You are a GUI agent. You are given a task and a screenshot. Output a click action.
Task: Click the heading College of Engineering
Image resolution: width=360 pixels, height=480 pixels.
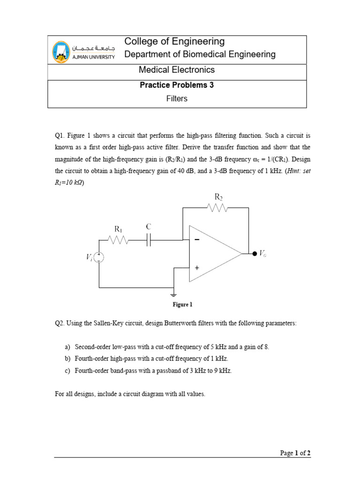[x=174, y=41]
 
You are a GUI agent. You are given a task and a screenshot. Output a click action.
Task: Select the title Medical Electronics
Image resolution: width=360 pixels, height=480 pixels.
[x=176, y=70]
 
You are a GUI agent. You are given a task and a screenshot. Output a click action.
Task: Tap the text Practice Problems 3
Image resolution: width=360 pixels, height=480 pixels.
[x=177, y=85]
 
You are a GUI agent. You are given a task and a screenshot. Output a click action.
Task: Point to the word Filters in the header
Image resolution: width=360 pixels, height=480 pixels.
[x=177, y=99]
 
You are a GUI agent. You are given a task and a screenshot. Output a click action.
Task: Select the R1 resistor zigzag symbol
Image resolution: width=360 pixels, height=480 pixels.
[x=119, y=240]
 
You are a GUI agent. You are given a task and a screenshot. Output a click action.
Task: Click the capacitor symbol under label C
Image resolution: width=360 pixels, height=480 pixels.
[x=149, y=240]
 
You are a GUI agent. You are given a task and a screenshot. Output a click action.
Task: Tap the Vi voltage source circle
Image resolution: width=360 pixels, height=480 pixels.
[x=99, y=257]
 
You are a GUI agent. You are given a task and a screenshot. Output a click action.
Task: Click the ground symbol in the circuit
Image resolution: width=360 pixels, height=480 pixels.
[x=174, y=295]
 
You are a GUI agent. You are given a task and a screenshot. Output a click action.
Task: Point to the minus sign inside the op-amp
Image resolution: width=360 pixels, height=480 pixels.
[x=196, y=240]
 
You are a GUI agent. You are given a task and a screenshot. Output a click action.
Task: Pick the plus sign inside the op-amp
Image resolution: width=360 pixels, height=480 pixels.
[x=197, y=268]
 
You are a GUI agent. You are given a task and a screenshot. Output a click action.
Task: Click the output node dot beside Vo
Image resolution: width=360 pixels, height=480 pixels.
[x=255, y=254]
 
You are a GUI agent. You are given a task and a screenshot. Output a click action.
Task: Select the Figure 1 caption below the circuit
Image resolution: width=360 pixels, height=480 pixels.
[x=182, y=305]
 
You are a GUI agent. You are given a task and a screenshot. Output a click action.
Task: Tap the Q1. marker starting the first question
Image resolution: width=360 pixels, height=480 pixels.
[x=60, y=135]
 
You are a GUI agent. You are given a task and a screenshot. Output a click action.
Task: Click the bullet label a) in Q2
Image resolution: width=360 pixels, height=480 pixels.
[x=67, y=347]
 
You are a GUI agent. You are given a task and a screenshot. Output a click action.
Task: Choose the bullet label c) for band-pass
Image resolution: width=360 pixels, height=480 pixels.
[x=67, y=370]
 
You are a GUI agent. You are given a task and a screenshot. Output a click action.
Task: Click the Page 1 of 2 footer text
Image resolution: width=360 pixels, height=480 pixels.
[x=295, y=453]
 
